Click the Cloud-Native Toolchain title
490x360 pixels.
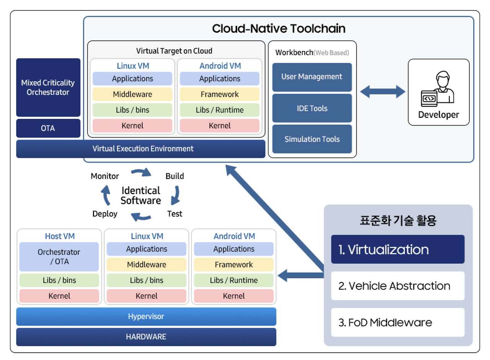coord(279,29)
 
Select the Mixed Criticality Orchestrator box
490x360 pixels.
coord(48,87)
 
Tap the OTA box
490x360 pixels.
coord(48,128)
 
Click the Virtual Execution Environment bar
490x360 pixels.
coord(140,149)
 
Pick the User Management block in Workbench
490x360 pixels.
coord(312,77)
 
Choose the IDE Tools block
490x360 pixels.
coord(312,108)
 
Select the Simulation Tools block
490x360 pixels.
coord(312,139)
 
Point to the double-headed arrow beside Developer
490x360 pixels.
coord(382,92)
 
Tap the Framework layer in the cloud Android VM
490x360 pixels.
coord(219,94)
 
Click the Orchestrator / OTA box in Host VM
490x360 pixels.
coord(59,257)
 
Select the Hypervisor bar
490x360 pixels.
coord(146,317)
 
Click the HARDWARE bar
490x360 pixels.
coord(146,337)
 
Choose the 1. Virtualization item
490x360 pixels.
coord(397,249)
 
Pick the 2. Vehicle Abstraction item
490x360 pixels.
coord(397,286)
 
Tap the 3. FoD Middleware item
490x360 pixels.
coord(397,322)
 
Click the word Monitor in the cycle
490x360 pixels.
coord(105,176)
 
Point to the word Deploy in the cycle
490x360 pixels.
coord(105,214)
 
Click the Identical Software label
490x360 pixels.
coord(140,195)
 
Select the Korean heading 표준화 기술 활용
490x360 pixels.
coord(398,221)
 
